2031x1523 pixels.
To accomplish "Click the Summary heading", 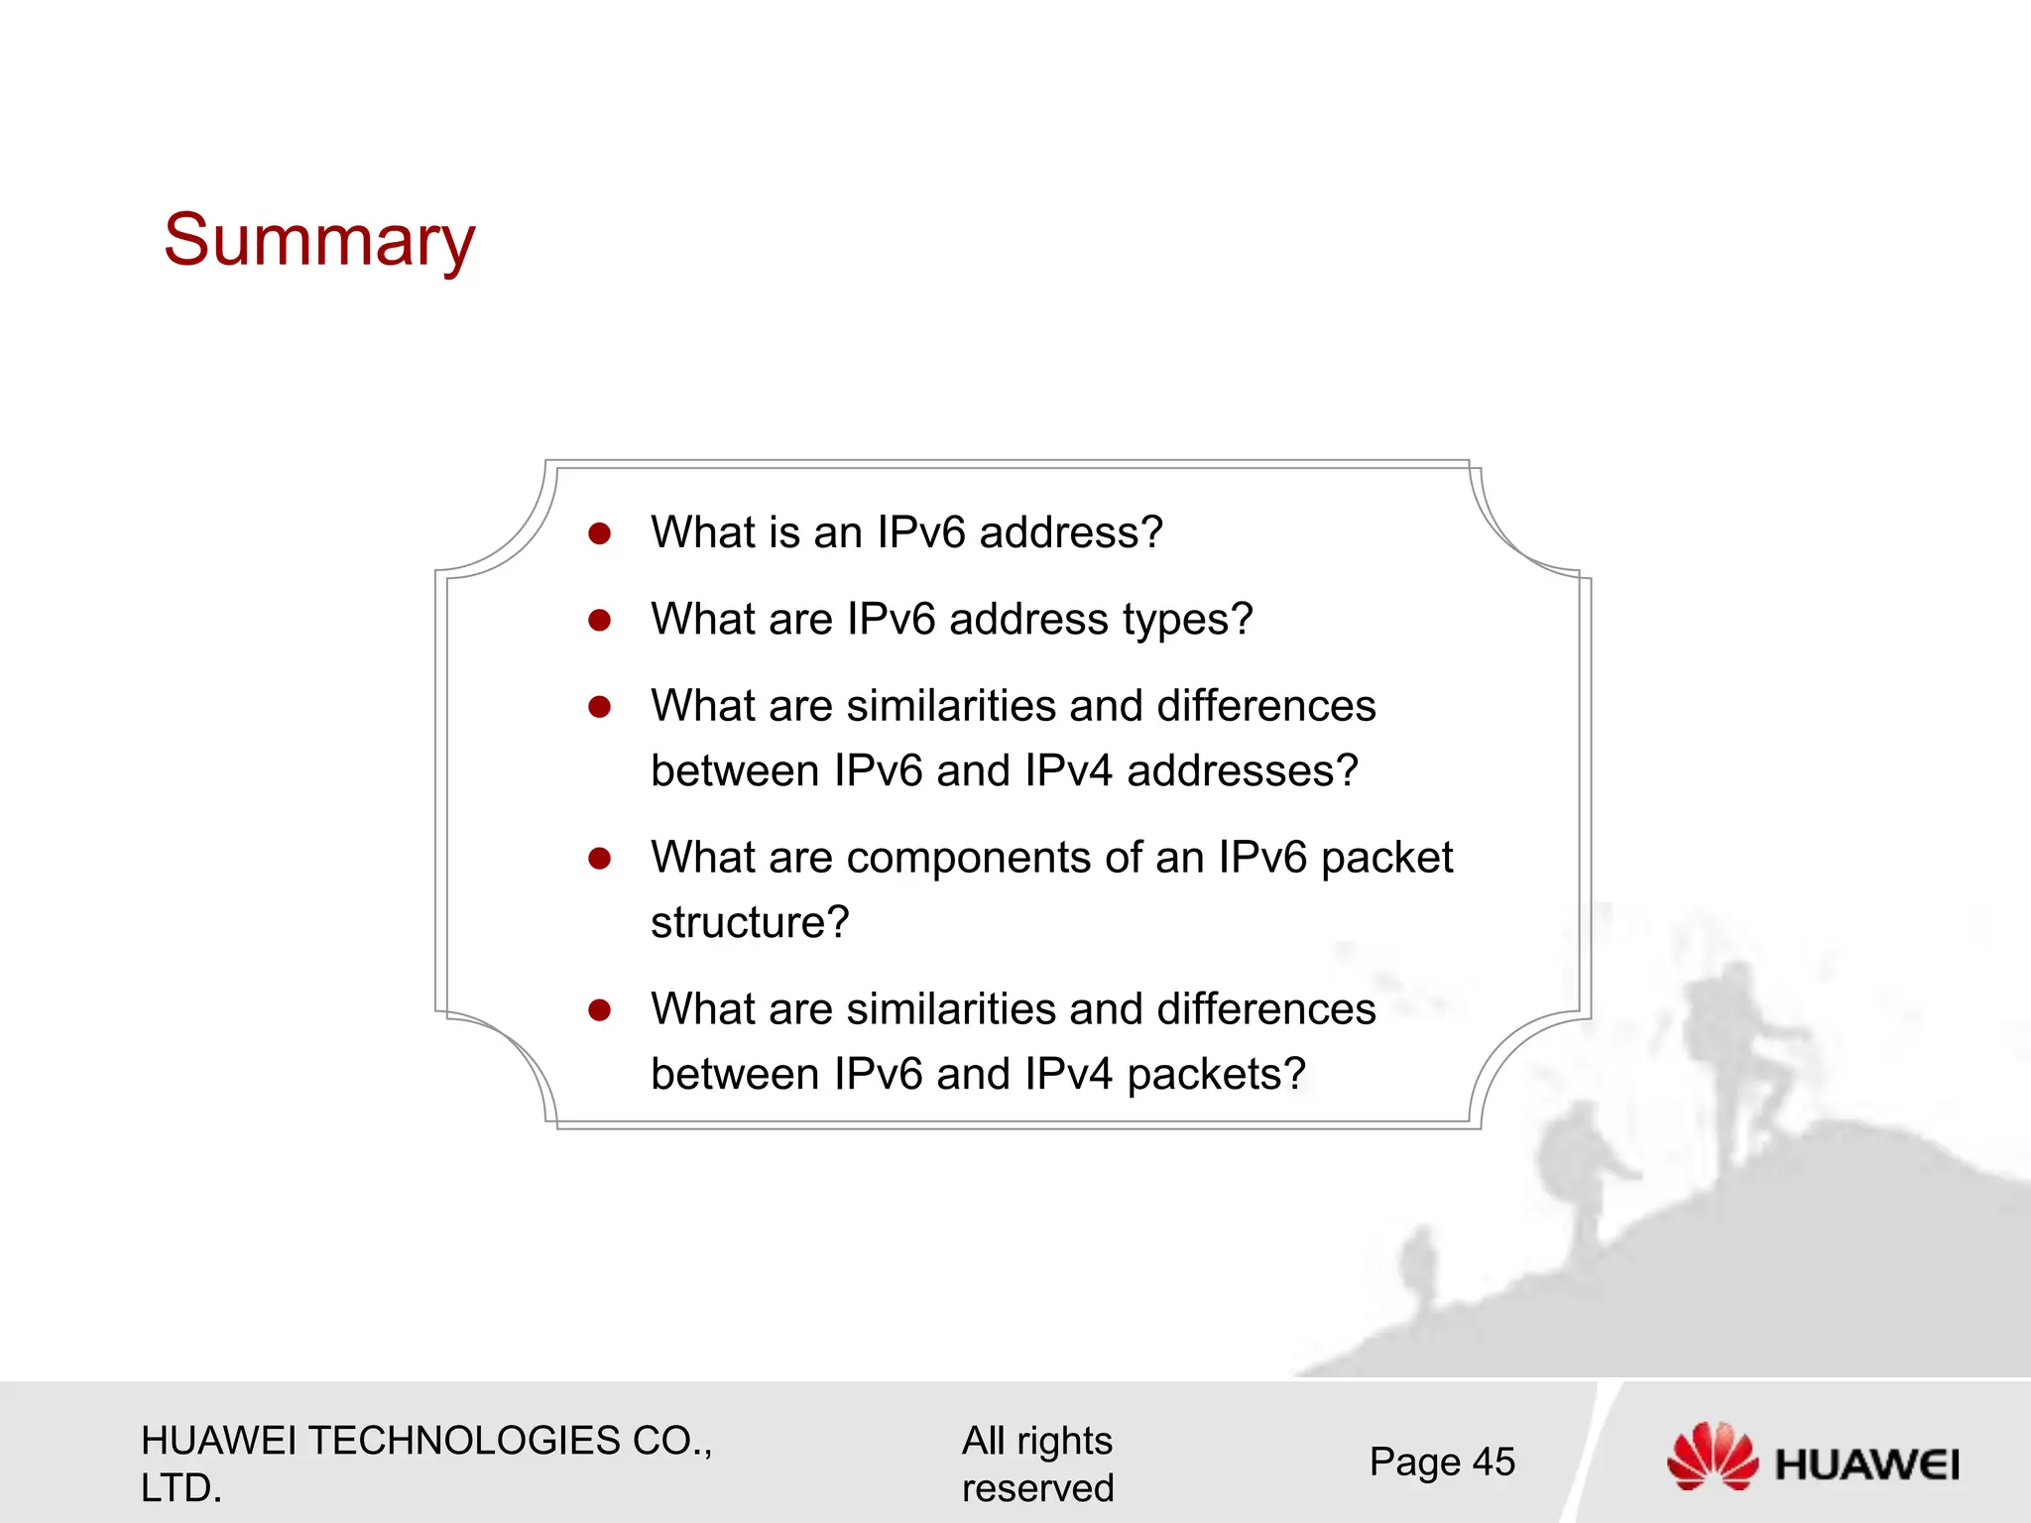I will pos(319,241).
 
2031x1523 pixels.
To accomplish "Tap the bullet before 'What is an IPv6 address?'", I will pos(599,534).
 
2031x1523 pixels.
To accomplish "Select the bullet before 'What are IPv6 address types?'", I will pos(599,621).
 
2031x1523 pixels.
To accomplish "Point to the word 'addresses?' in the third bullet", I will pos(1243,771).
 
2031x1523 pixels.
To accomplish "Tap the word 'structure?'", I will pos(750,923).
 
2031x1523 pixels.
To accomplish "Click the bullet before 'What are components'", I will pos(599,859).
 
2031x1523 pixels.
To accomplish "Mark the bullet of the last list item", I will pos(599,1010).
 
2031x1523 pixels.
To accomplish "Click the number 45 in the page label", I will pos(1493,1463).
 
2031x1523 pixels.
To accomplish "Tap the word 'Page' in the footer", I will pos(1415,1463).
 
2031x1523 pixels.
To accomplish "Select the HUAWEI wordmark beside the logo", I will pos(1867,1464).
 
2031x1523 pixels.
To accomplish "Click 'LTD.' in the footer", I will pos(181,1488).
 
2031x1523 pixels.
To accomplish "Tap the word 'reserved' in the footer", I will pos(1037,1488).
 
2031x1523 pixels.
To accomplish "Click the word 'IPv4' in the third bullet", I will pos(1069,771).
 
